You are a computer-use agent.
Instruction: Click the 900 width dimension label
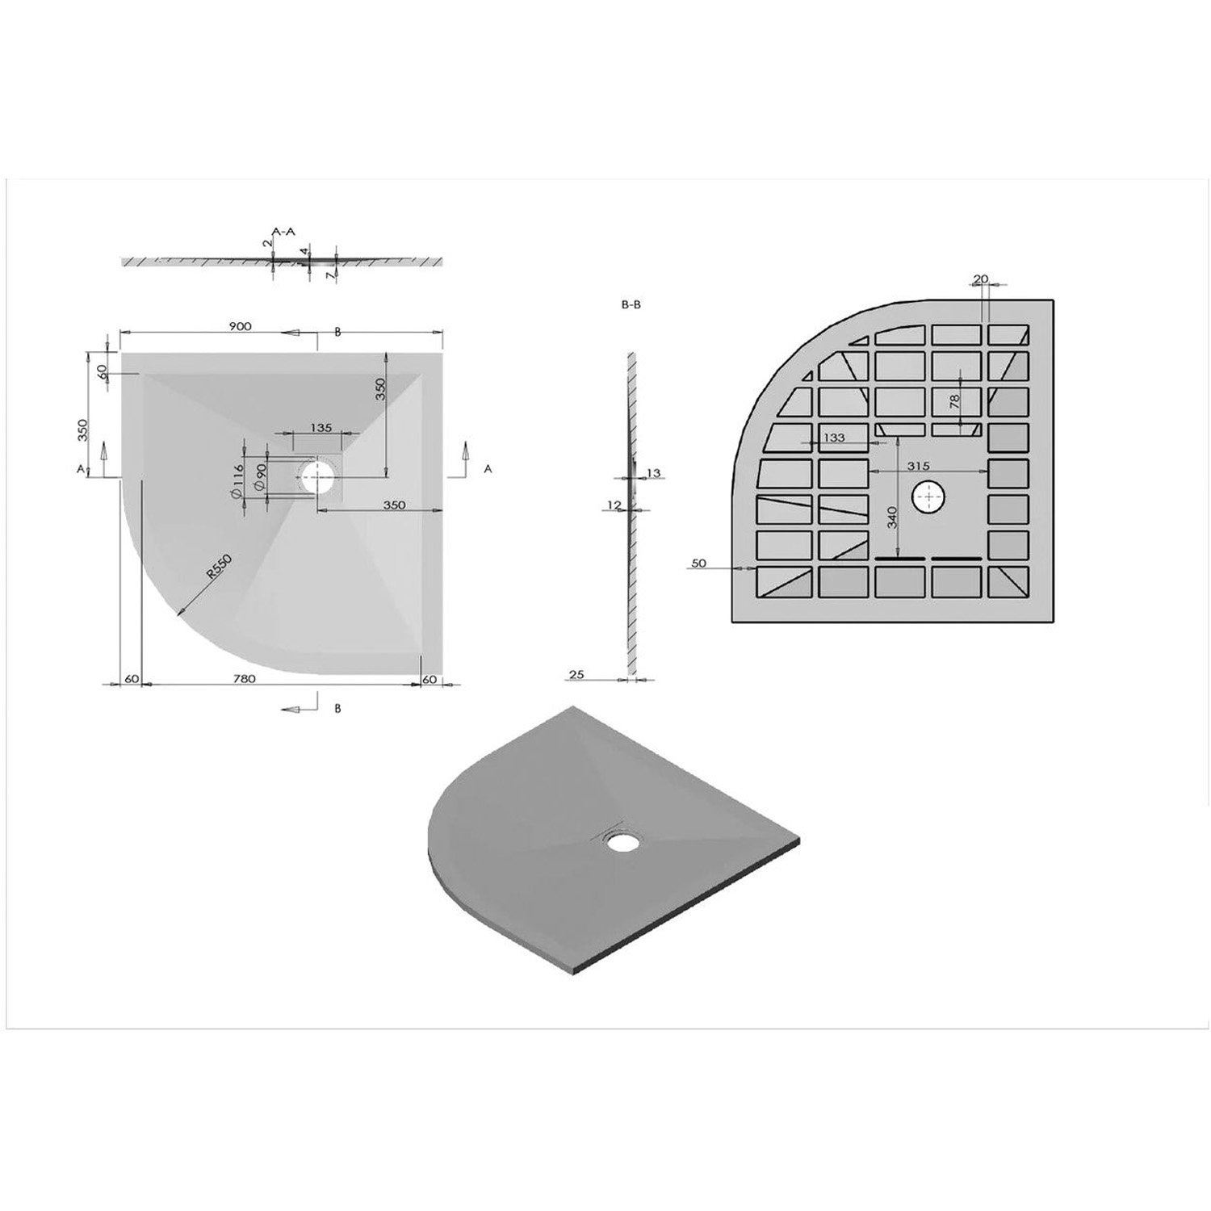pos(240,326)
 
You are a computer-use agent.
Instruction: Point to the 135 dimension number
pos(321,428)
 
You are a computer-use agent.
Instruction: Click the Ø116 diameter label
pos(234,482)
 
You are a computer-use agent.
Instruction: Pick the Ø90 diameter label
pos(259,480)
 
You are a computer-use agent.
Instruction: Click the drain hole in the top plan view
pos(317,478)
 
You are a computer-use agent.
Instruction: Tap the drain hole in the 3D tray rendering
pos(620,842)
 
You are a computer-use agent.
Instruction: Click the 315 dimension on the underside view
pos(919,466)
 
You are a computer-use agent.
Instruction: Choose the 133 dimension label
pos(833,438)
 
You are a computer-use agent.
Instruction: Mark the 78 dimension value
pos(955,401)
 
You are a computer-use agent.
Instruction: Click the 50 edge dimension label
pos(698,564)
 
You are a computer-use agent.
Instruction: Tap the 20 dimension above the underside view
pos(981,279)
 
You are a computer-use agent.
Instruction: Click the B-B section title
pos(631,306)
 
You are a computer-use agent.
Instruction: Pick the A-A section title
pos(283,232)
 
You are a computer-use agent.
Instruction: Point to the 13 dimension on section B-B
pos(653,472)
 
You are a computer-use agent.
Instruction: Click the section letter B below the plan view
pos(337,709)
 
